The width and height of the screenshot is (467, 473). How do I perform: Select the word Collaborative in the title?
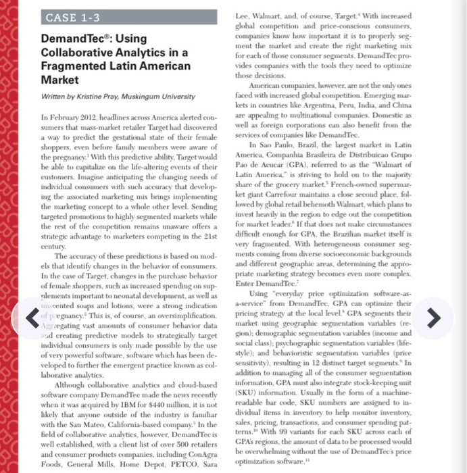(76, 53)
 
